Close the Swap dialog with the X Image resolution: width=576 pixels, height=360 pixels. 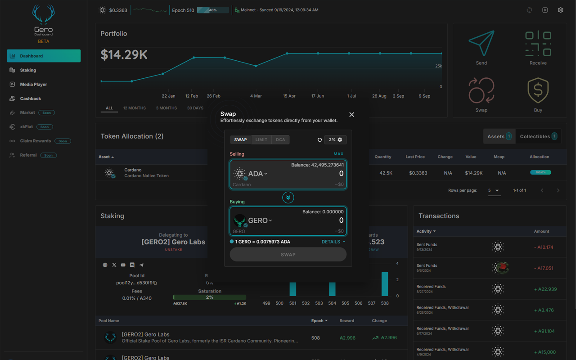click(x=351, y=115)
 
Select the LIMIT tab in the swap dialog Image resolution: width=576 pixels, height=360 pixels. click(x=261, y=140)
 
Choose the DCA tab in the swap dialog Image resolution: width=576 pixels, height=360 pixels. click(x=280, y=140)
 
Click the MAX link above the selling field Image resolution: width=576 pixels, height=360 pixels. click(x=338, y=154)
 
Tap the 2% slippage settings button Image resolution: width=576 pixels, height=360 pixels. click(x=335, y=140)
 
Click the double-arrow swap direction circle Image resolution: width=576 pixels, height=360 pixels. click(x=288, y=198)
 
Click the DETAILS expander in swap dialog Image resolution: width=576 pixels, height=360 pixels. click(x=333, y=242)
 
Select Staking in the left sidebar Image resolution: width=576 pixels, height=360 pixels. click(x=28, y=70)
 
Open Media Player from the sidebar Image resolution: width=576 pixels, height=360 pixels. click(x=33, y=84)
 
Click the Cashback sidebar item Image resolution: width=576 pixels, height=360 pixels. click(x=30, y=99)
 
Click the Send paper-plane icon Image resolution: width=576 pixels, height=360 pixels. click(x=481, y=44)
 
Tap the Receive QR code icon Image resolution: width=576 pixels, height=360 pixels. click(x=538, y=44)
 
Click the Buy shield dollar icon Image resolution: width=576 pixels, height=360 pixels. click(x=538, y=91)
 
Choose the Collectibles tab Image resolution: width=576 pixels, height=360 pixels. click(x=538, y=136)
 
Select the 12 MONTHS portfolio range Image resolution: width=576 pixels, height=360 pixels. click(x=134, y=108)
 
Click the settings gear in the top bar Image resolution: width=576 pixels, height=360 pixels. click(x=560, y=10)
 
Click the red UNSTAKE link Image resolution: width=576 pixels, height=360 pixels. click(x=173, y=250)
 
